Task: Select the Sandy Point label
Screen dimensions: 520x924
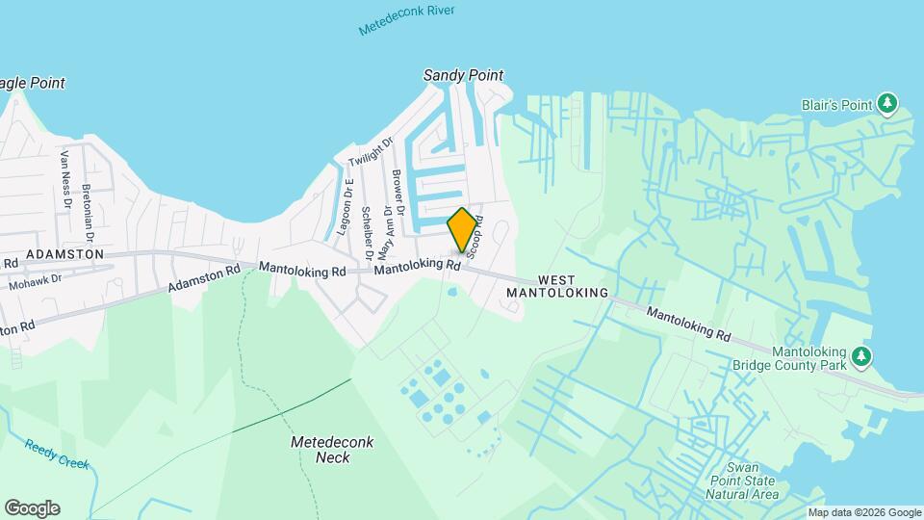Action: pos(464,75)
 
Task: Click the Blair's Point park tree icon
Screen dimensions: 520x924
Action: pos(889,103)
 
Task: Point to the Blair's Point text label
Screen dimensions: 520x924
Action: pos(836,104)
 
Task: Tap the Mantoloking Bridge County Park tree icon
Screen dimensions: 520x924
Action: pos(862,358)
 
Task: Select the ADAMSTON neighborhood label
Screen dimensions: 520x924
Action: pos(64,253)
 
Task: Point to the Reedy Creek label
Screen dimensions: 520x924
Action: pos(57,455)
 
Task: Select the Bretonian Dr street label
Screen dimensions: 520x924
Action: pos(88,212)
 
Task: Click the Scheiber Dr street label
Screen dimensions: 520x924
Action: pos(367,234)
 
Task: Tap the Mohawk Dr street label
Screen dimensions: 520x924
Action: pos(35,282)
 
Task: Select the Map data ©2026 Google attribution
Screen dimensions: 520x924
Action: pos(863,512)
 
